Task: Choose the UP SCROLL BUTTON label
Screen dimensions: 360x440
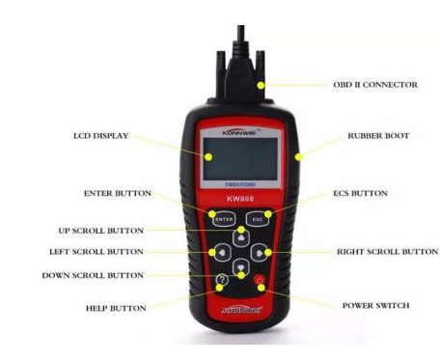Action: point(100,231)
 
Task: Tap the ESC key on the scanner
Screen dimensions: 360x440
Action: point(258,219)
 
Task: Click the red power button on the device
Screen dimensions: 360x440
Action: point(259,282)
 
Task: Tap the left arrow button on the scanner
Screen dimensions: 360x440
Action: point(220,253)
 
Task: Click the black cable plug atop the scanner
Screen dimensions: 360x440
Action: point(237,62)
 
